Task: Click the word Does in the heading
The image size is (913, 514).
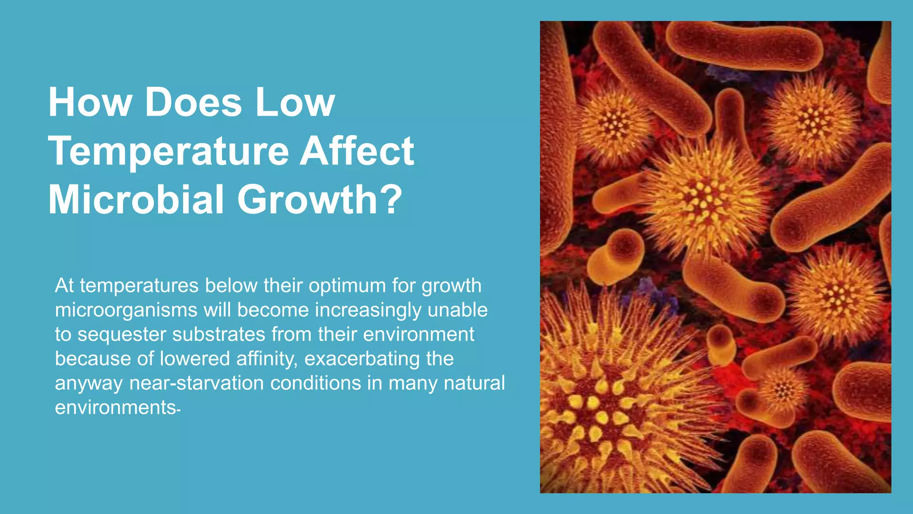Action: [x=193, y=103]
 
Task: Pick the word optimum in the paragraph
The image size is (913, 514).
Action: [x=347, y=286]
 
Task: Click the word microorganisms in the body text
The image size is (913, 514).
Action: [x=126, y=311]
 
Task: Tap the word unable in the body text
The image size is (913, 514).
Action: [x=457, y=310]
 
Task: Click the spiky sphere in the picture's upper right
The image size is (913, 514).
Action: [x=811, y=118]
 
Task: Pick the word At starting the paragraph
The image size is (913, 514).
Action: [x=64, y=286]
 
